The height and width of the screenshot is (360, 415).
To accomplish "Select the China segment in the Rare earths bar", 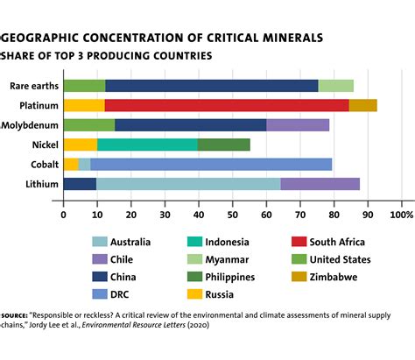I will pyautogui.click(x=211, y=86).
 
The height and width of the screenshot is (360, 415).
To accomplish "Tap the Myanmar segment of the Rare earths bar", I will pyautogui.click(x=335, y=86).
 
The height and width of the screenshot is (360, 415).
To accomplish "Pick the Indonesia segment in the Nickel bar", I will pyautogui.click(x=147, y=144).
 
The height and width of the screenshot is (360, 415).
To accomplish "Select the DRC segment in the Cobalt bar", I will pyautogui.click(x=210, y=164).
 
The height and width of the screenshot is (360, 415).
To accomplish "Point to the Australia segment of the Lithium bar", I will pyautogui.click(x=187, y=183).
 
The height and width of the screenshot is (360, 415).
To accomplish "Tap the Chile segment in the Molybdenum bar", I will pyautogui.click(x=298, y=124).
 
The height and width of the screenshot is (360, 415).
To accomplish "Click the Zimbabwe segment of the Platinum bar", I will pyautogui.click(x=362, y=105).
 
